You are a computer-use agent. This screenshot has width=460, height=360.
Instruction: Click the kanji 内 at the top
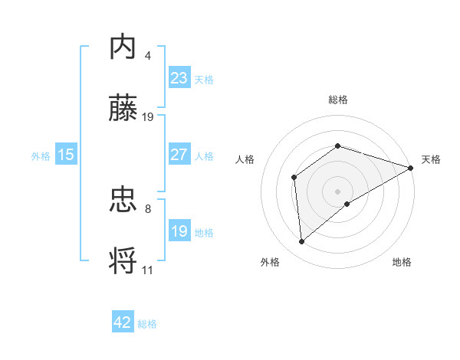[123, 47]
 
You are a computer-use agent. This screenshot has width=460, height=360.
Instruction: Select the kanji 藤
[123, 109]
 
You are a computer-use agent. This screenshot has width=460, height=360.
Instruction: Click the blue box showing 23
[179, 78]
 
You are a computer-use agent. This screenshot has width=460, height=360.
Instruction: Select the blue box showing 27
[179, 155]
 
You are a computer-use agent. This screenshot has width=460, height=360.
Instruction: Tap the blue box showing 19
[179, 231]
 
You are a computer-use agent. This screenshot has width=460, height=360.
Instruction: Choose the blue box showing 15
[66, 155]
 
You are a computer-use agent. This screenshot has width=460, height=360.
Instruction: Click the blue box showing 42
[123, 322]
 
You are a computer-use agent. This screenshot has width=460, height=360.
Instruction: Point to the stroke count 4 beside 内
[148, 56]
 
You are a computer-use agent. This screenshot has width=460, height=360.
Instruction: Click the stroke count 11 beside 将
[148, 270]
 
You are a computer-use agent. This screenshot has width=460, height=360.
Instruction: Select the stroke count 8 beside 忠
[148, 208]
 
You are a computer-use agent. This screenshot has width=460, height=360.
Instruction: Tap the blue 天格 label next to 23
[204, 79]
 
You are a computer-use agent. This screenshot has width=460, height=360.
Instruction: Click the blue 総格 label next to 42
[147, 324]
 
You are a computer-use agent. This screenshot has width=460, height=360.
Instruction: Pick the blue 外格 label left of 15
[41, 155]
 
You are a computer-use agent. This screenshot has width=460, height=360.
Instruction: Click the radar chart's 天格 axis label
[432, 159]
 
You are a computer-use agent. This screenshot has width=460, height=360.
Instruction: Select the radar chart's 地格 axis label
[402, 262]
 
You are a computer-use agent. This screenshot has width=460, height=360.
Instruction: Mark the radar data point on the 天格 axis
[412, 168]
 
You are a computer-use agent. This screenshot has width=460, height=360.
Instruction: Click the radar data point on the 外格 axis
[302, 242]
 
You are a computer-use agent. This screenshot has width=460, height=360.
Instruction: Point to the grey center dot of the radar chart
[337, 191]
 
